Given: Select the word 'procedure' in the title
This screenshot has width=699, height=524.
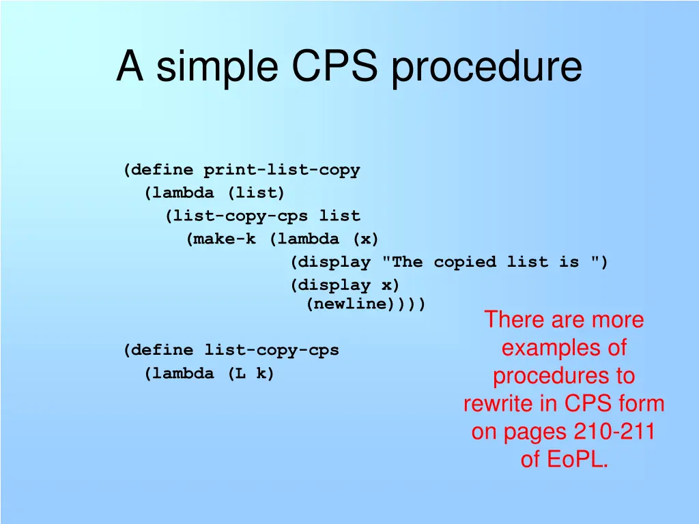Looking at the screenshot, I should pyautogui.click(x=487, y=67).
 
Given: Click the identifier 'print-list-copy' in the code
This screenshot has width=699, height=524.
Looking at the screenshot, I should pyautogui.click(x=281, y=170).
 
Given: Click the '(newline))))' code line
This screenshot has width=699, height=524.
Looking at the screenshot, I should pyautogui.click(x=365, y=304).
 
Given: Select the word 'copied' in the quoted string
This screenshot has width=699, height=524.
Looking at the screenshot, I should pyautogui.click(x=464, y=263).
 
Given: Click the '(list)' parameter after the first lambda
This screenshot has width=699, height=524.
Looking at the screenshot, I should pyautogui.click(x=256, y=193).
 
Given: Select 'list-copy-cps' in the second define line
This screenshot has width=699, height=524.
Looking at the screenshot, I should pyautogui.click(x=271, y=351).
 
